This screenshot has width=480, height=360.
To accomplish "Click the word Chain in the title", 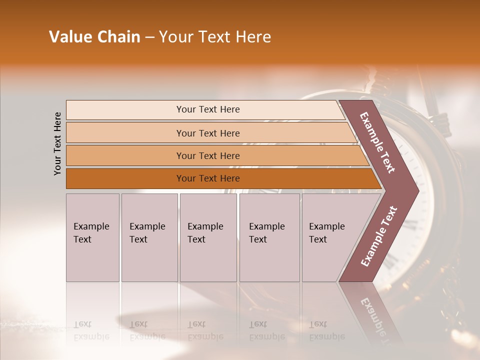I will (118, 37).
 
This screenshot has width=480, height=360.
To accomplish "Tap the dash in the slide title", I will (149, 37).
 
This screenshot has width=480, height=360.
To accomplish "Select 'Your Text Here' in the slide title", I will (215, 37).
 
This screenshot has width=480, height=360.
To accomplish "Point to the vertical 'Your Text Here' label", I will (57, 143).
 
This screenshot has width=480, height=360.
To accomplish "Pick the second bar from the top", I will (208, 133).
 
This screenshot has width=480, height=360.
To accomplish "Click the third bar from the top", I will (208, 155).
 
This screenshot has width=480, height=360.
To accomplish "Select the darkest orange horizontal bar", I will (208, 178).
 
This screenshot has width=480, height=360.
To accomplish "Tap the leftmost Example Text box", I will (92, 237).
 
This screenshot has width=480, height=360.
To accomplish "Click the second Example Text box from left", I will (149, 237).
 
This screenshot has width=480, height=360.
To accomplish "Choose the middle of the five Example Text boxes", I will (208, 237).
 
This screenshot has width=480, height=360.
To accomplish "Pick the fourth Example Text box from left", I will (269, 237).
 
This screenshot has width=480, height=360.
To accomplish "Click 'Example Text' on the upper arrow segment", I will (378, 142).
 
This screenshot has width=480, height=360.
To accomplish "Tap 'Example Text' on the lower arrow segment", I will (379, 236).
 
